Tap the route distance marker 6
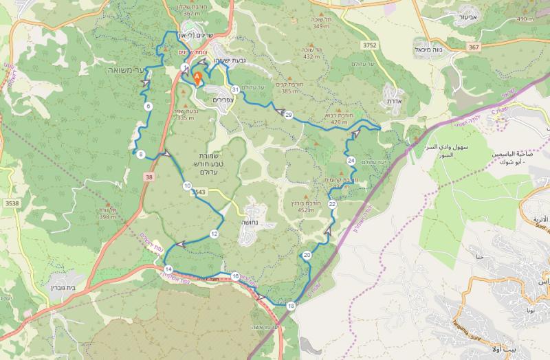(x=148, y=106)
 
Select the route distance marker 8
(x=140, y=155)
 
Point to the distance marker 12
(x=214, y=234)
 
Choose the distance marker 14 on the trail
(x=168, y=269)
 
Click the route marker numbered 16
(x=235, y=276)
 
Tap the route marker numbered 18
(x=291, y=306)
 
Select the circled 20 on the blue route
(x=307, y=255)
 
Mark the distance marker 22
(x=332, y=204)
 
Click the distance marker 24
(x=351, y=160)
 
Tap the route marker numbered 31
(x=235, y=89)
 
